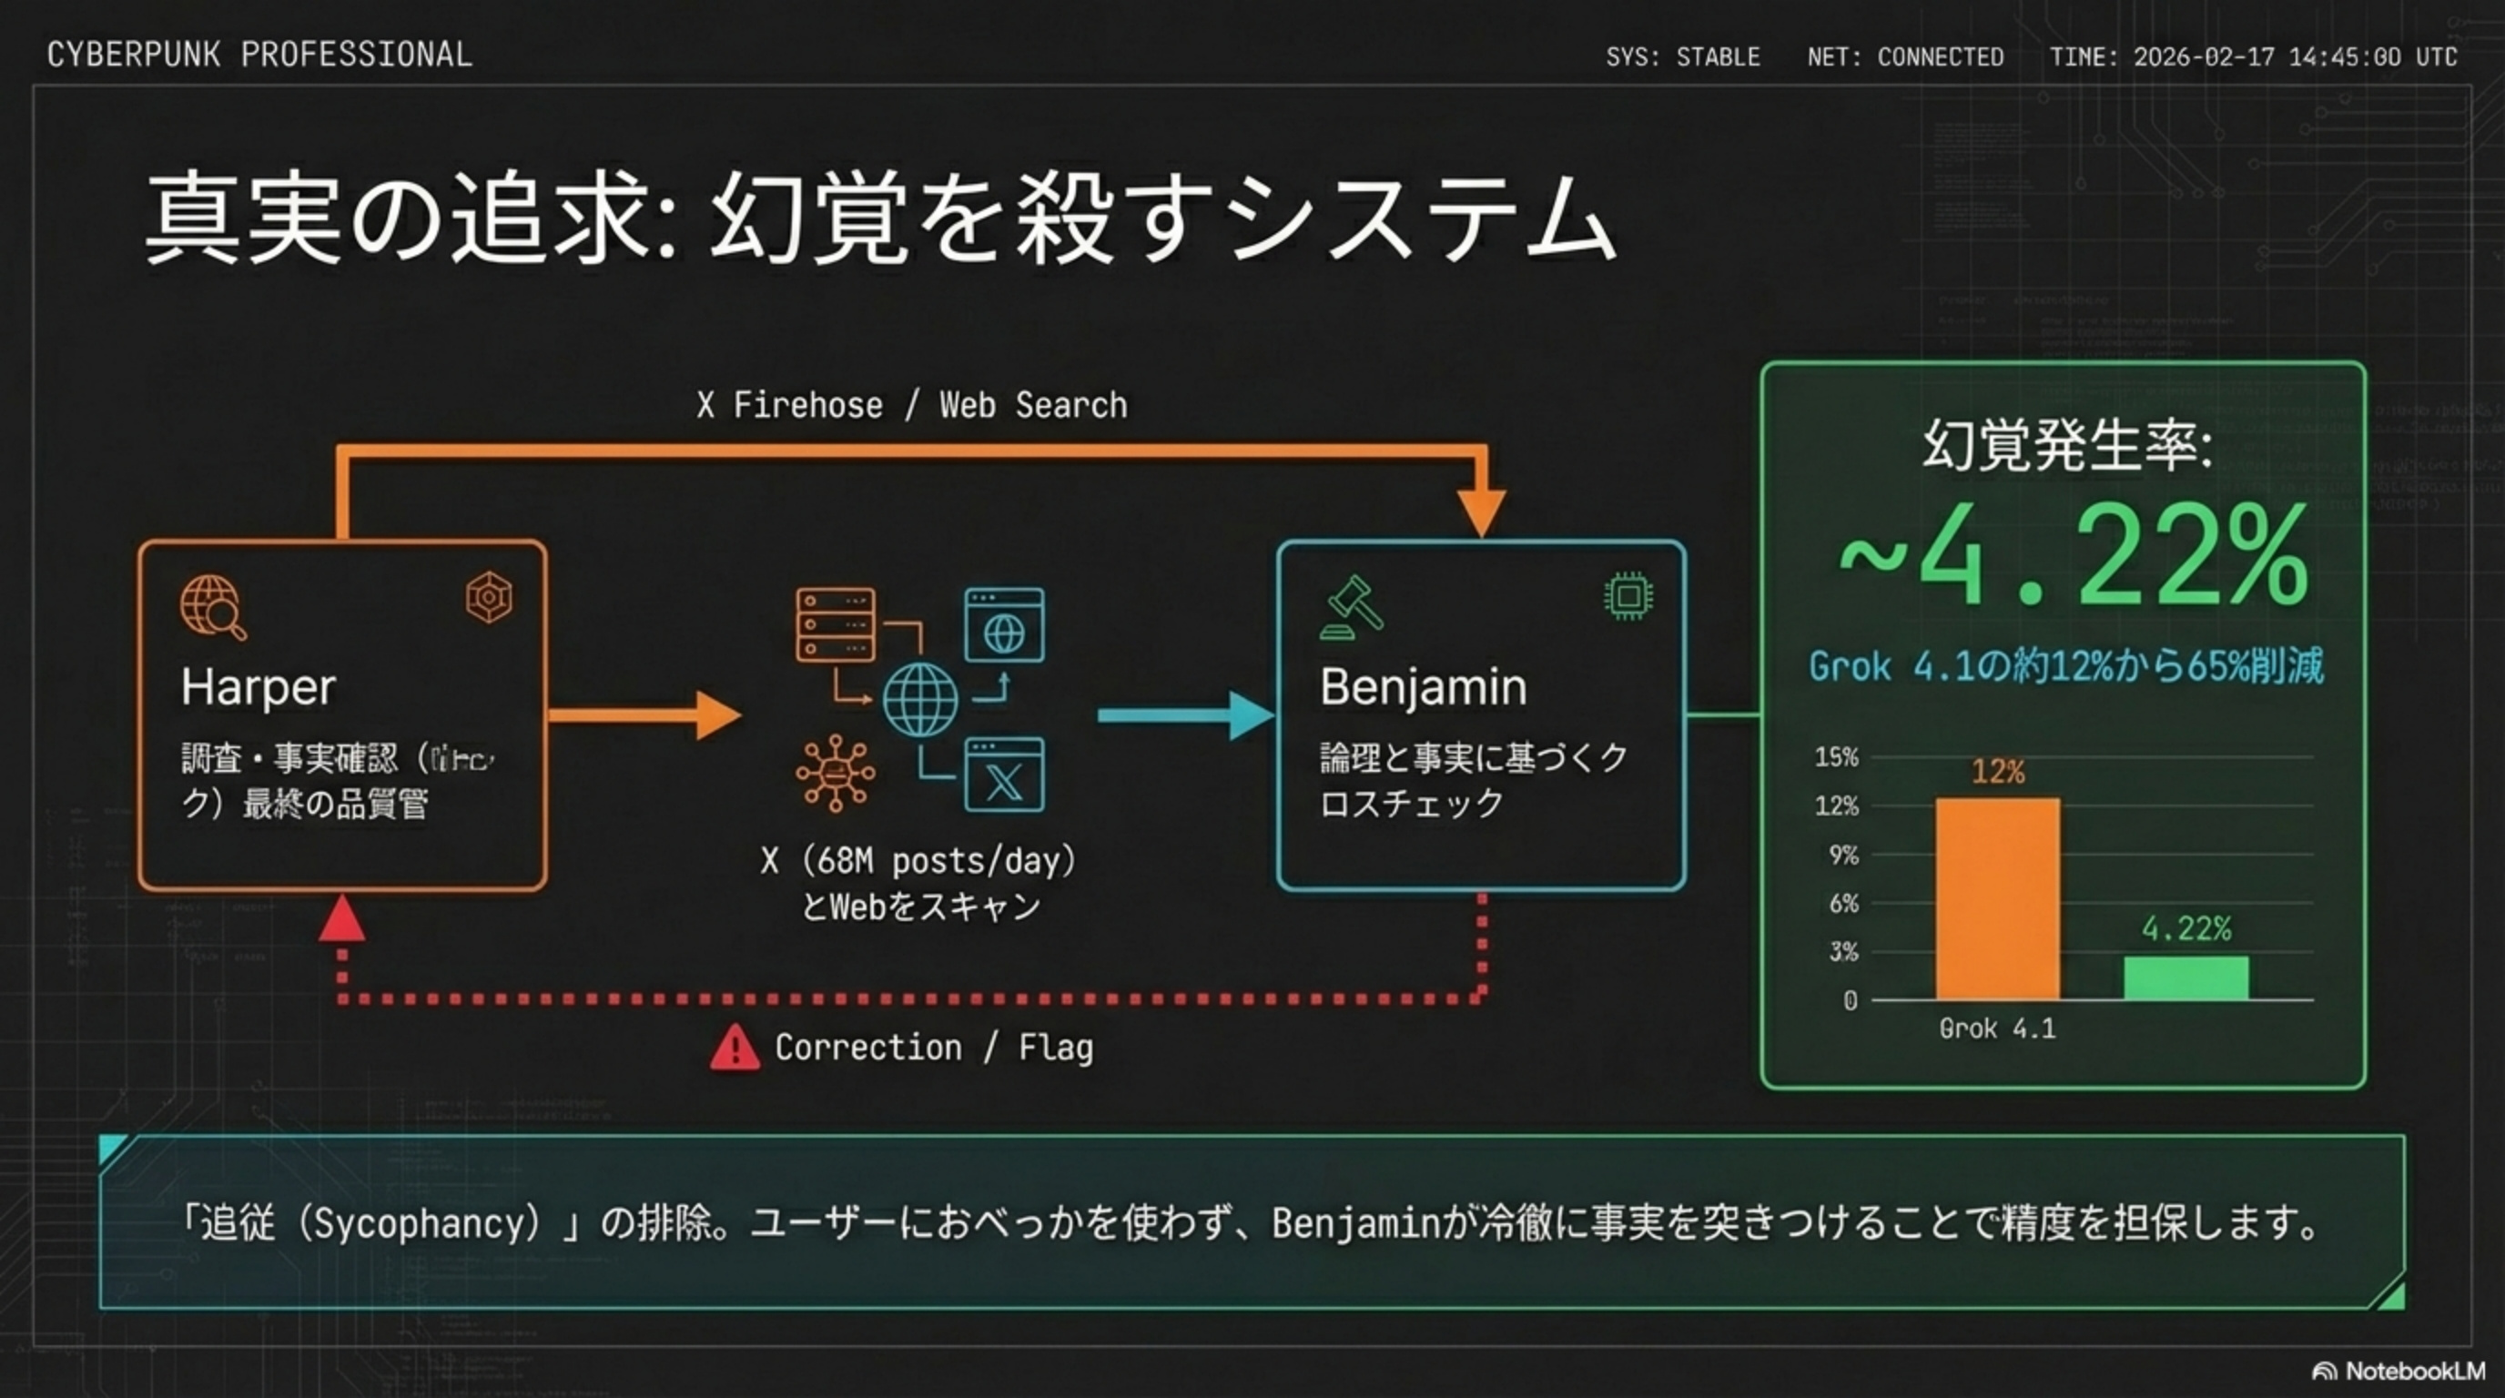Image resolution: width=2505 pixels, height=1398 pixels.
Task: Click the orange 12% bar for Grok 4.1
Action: (1997, 898)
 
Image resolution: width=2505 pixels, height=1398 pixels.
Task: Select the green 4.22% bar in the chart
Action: (2186, 978)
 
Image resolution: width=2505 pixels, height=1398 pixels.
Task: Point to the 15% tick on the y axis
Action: (1836, 756)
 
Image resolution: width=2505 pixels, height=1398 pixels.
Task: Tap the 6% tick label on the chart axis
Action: (1842, 903)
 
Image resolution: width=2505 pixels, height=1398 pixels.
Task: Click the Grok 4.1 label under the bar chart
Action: (1997, 1028)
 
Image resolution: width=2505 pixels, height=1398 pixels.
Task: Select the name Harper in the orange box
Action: (258, 687)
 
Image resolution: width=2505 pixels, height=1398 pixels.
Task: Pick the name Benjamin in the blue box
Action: (1423, 687)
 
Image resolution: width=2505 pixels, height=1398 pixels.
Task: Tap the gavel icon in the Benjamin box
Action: (1351, 608)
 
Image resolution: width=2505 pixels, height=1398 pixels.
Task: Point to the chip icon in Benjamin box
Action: (1628, 596)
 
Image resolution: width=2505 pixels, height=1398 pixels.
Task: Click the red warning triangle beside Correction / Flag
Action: (735, 1048)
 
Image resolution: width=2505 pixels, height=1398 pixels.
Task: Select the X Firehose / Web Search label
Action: (911, 404)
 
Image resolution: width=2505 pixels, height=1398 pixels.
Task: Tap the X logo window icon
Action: (1004, 775)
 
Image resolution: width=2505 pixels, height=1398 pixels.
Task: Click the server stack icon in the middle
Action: (835, 625)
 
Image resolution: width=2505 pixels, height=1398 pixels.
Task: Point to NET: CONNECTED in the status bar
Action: (1905, 57)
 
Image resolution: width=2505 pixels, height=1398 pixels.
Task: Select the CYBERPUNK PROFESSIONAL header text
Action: (259, 55)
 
